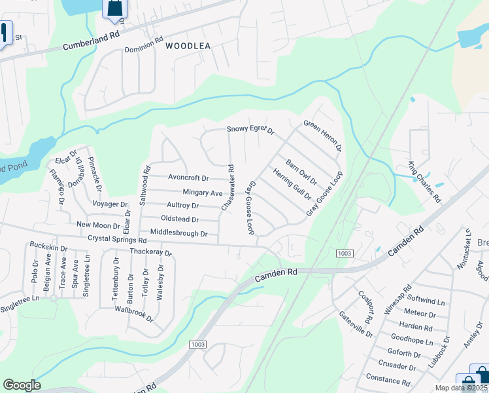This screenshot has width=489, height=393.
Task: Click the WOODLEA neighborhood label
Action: click(188, 46)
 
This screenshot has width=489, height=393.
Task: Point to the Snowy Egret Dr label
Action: click(250, 130)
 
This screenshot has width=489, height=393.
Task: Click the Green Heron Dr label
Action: click(323, 136)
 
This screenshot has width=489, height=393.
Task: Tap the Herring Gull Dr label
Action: click(292, 184)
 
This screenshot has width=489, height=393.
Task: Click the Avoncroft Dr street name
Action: click(188, 178)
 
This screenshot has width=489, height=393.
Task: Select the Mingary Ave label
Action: click(203, 193)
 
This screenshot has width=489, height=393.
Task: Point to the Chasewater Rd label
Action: click(228, 187)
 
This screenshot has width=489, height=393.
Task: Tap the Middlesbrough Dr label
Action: click(178, 233)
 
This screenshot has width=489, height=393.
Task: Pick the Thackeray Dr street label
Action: click(150, 252)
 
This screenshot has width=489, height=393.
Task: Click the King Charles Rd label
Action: click(425, 177)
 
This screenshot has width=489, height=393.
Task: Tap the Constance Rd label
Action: click(388, 380)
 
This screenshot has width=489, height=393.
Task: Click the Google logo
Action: click(22, 385)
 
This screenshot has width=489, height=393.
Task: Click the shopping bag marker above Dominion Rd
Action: click(114, 9)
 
